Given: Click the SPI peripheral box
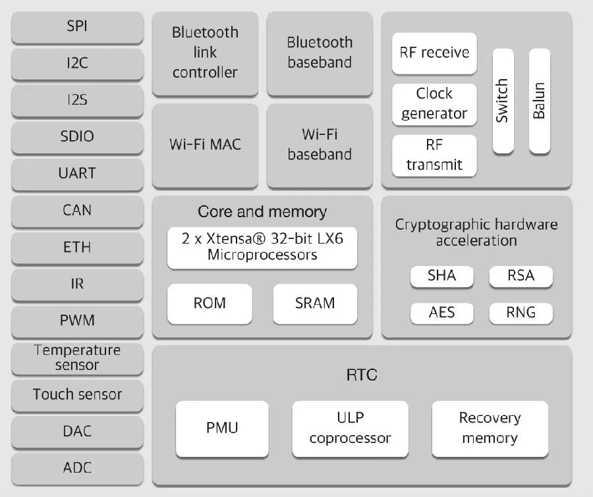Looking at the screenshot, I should [x=77, y=28].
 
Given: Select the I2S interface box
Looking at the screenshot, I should [x=77, y=101].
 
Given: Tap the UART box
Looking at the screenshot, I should [x=77, y=174].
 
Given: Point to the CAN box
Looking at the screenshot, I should [x=77, y=211].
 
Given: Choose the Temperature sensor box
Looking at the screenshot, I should [x=77, y=357].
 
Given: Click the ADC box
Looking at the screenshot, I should [x=77, y=468].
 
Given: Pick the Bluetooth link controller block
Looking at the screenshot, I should [x=205, y=53].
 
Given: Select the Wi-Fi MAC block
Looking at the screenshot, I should [x=205, y=144].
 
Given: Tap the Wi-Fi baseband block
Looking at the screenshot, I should [x=320, y=144].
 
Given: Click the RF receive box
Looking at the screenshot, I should [x=434, y=53].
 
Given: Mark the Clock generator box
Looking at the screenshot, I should [x=434, y=103].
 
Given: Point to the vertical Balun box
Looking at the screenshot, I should [x=539, y=101].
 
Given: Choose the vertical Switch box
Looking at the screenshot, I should [x=503, y=101].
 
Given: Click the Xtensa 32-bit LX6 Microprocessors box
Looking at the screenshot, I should [x=262, y=247].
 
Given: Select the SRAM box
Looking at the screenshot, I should [x=315, y=303].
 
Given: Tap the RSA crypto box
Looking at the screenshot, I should [x=521, y=276].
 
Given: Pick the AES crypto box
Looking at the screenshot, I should [x=441, y=312].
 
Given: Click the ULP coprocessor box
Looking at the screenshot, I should [x=350, y=429].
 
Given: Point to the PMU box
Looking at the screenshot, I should [x=222, y=429].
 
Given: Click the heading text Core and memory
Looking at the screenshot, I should [x=262, y=212].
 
